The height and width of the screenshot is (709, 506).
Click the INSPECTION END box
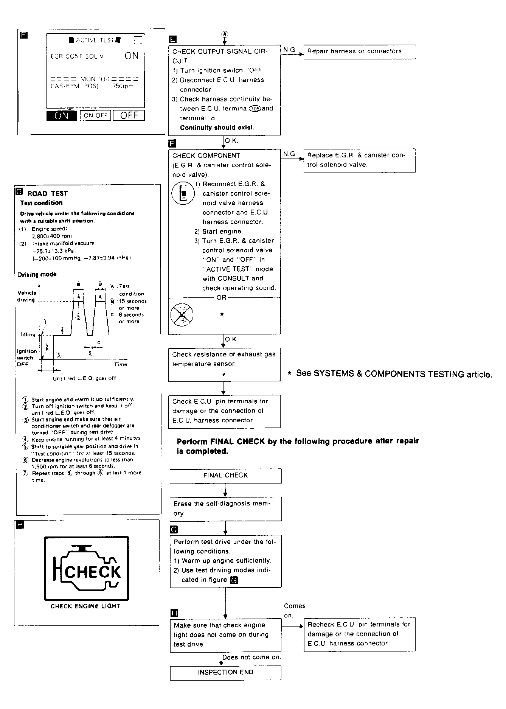225,672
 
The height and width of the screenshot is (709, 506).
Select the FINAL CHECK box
225,476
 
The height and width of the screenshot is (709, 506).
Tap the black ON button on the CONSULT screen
62,116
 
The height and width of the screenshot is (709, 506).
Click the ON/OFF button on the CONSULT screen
95,115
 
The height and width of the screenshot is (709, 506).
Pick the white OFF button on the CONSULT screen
129,115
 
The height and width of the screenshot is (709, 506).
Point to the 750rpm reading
123,86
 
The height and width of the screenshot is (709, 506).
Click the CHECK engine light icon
87,568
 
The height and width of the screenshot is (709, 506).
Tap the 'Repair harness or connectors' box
359,51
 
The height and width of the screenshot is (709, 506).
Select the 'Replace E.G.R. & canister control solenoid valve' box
359,160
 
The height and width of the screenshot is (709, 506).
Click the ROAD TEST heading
48,194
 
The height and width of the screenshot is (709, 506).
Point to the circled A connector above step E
225,34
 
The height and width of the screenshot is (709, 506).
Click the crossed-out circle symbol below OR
182,314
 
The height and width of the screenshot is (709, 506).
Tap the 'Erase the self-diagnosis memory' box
225,509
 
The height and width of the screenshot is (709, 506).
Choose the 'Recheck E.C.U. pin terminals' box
359,634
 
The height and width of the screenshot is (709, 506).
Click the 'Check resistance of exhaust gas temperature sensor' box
224,364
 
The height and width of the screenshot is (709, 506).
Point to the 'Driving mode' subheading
37,274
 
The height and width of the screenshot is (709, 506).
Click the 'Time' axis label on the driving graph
121,365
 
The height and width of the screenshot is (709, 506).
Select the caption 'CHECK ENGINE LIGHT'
85,606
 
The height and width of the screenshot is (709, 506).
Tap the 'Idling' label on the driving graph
28,334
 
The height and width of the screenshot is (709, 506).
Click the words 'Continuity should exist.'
217,127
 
